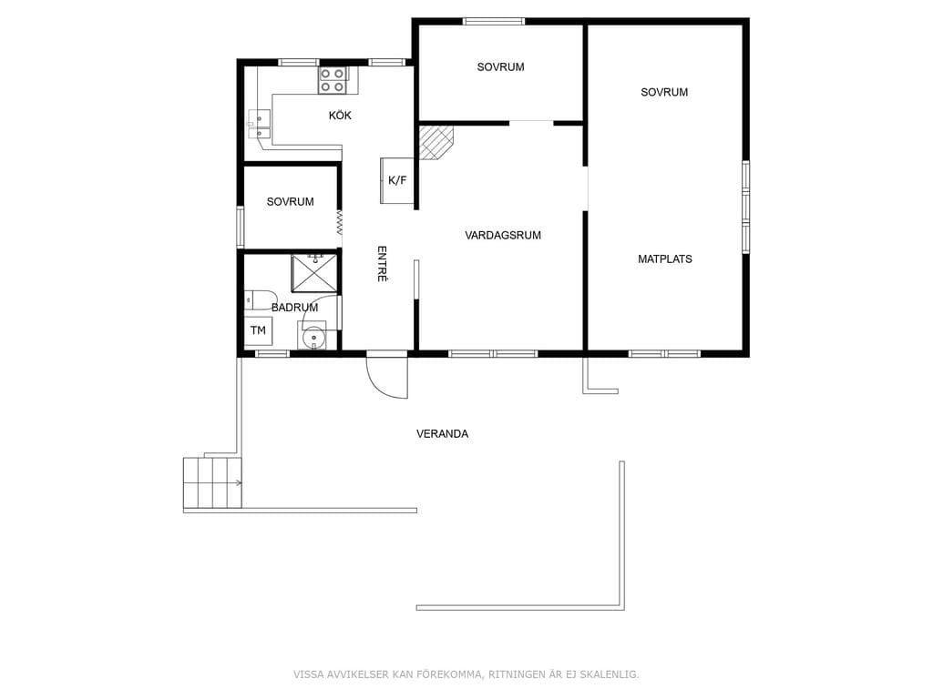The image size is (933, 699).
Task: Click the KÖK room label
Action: (340, 116)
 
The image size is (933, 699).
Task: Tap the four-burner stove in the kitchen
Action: (333, 80)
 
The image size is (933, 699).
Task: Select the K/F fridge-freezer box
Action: (397, 181)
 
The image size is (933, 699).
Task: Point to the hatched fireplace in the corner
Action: (436, 143)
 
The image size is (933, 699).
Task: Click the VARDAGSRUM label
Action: (503, 236)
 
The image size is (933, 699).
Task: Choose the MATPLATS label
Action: (664, 259)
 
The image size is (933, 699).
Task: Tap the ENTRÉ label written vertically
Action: (383, 263)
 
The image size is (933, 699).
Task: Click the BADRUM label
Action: (294, 308)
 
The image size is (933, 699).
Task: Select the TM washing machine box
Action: (258, 331)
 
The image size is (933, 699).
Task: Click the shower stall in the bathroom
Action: (314, 273)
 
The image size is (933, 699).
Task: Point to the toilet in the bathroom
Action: (260, 299)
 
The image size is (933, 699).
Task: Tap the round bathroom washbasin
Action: (313, 339)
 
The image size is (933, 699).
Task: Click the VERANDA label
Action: (442, 434)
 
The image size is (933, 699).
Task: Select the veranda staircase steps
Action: (212, 482)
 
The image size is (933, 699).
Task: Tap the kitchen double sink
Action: (259, 124)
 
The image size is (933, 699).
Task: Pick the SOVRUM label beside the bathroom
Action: (291, 202)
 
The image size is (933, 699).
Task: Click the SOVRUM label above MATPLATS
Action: (664, 92)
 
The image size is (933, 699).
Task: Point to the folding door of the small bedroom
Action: (339, 222)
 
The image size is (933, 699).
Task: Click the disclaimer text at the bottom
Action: (466, 674)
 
